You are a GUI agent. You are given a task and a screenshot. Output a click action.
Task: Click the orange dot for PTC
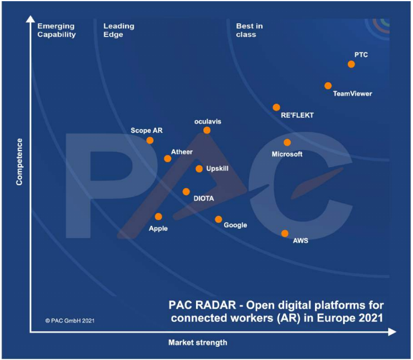(351, 65)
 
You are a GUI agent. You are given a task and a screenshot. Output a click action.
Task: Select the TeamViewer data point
(328, 86)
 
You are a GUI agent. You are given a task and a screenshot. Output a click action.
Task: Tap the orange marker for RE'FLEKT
(276, 108)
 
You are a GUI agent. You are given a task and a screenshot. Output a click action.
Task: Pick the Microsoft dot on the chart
(287, 143)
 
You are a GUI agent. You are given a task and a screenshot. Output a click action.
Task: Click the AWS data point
(285, 234)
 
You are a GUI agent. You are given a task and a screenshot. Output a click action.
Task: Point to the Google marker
(219, 219)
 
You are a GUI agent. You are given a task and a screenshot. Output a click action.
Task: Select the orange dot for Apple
(159, 217)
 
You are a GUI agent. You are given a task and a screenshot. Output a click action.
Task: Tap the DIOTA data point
(186, 192)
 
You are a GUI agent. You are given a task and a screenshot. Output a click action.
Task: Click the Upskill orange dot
(199, 169)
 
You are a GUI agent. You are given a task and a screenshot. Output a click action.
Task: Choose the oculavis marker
(207, 131)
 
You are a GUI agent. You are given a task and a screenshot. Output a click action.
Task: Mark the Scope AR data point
(150, 141)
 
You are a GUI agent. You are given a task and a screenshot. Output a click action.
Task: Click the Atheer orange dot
(168, 159)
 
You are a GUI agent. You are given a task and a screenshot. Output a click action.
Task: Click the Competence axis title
(19, 162)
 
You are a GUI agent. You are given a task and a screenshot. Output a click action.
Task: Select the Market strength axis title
(197, 343)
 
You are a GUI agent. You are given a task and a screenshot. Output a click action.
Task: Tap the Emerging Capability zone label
(56, 30)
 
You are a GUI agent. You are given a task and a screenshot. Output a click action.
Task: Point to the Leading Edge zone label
(119, 30)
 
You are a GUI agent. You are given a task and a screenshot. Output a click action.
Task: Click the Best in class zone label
(250, 30)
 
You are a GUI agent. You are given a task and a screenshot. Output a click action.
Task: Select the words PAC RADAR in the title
(204, 305)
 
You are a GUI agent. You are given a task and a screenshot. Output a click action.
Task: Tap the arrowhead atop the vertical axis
(30, 21)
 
